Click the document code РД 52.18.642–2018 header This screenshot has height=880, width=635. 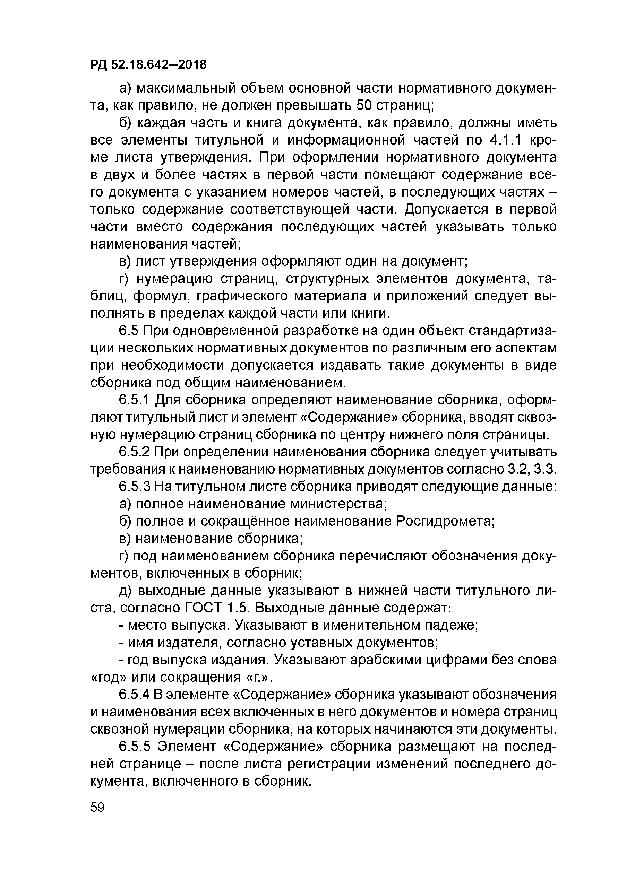pos(148,65)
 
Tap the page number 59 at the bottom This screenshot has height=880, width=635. pos(97,808)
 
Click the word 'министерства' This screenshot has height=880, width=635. pos(338,504)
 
